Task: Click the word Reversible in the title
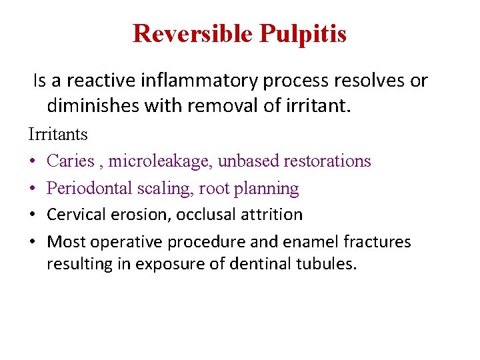pyautogui.click(x=193, y=33)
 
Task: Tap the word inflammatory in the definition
pyautogui.click(x=201, y=81)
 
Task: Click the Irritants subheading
pyautogui.click(x=58, y=134)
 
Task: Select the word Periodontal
pyautogui.click(x=89, y=188)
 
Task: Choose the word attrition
pyautogui.click(x=275, y=215)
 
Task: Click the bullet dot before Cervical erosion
pyautogui.click(x=33, y=215)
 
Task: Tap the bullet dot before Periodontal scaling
pyautogui.click(x=33, y=189)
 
